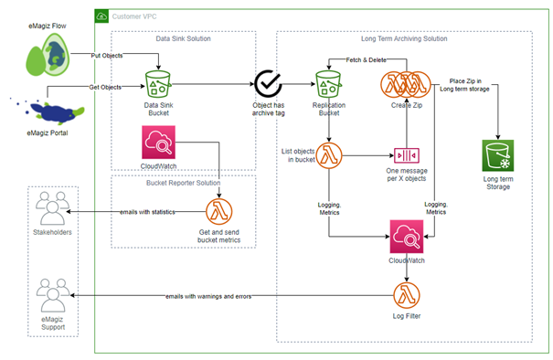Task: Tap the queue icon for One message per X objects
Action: point(406,155)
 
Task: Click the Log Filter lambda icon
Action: point(406,296)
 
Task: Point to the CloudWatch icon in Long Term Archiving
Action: point(406,236)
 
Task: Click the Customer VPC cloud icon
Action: point(102,16)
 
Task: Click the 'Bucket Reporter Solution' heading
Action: point(183,184)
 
